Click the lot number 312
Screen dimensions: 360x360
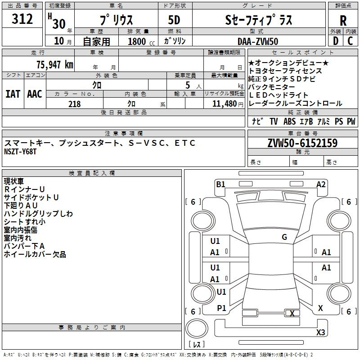coord(22,18)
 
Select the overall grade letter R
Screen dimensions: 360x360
coord(343,21)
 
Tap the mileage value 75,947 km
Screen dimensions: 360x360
coord(55,65)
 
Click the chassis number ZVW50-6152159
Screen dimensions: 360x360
coord(302,143)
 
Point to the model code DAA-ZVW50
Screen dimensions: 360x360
coord(258,41)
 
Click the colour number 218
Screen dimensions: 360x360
coord(74,104)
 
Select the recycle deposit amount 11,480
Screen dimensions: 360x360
coord(225,104)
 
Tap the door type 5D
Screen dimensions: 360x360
coord(174,20)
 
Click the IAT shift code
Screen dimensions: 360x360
coord(13,94)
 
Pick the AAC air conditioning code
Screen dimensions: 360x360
coord(35,94)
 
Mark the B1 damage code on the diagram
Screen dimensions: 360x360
coord(220,184)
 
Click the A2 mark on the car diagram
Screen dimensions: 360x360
coord(321,184)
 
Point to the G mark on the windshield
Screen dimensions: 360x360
coord(284,237)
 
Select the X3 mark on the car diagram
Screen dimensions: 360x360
coord(320,332)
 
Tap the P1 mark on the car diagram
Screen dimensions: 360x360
coord(221,308)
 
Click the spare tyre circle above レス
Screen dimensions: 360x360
coord(197,328)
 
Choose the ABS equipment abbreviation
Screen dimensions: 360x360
coord(289,121)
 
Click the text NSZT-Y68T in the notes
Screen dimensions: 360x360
coord(20,152)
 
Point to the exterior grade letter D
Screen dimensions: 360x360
coord(335,41)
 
